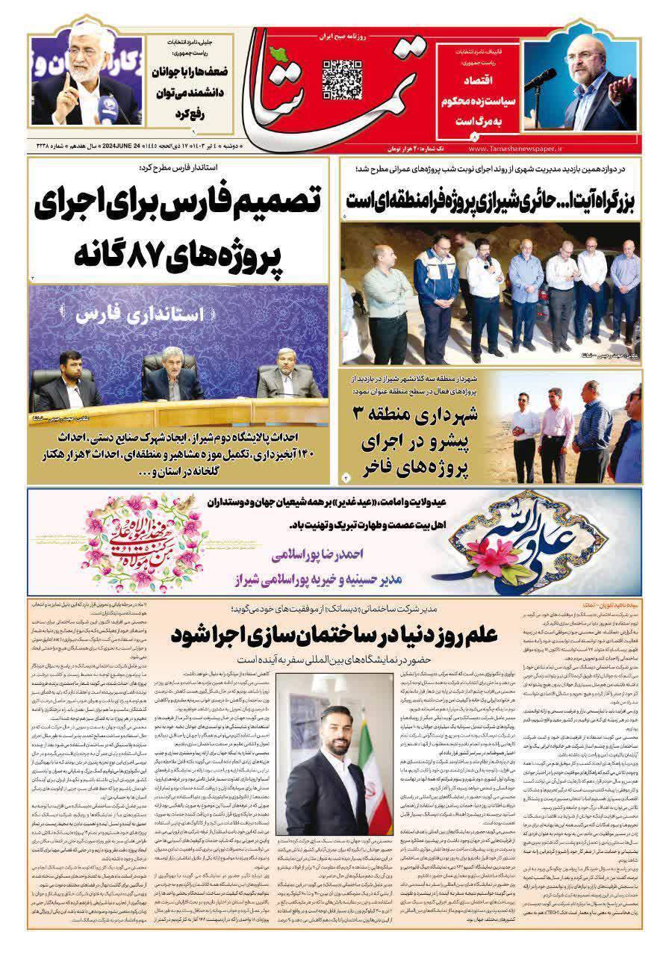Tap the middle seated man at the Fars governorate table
tap(172, 378)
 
